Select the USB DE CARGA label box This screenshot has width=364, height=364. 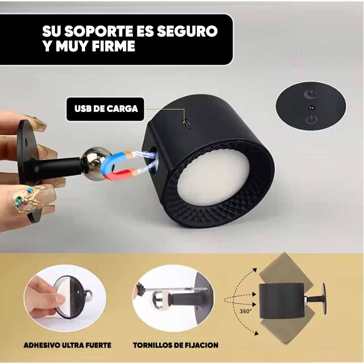105,109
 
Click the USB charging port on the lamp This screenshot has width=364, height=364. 186,121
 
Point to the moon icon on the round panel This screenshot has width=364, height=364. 310,95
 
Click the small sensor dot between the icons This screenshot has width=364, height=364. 311,107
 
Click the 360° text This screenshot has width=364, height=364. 245,311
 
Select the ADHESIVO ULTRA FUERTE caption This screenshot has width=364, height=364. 67,345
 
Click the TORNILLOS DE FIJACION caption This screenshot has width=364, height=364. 176,345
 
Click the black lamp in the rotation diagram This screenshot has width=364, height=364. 282,301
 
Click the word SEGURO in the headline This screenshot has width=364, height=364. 187,31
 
